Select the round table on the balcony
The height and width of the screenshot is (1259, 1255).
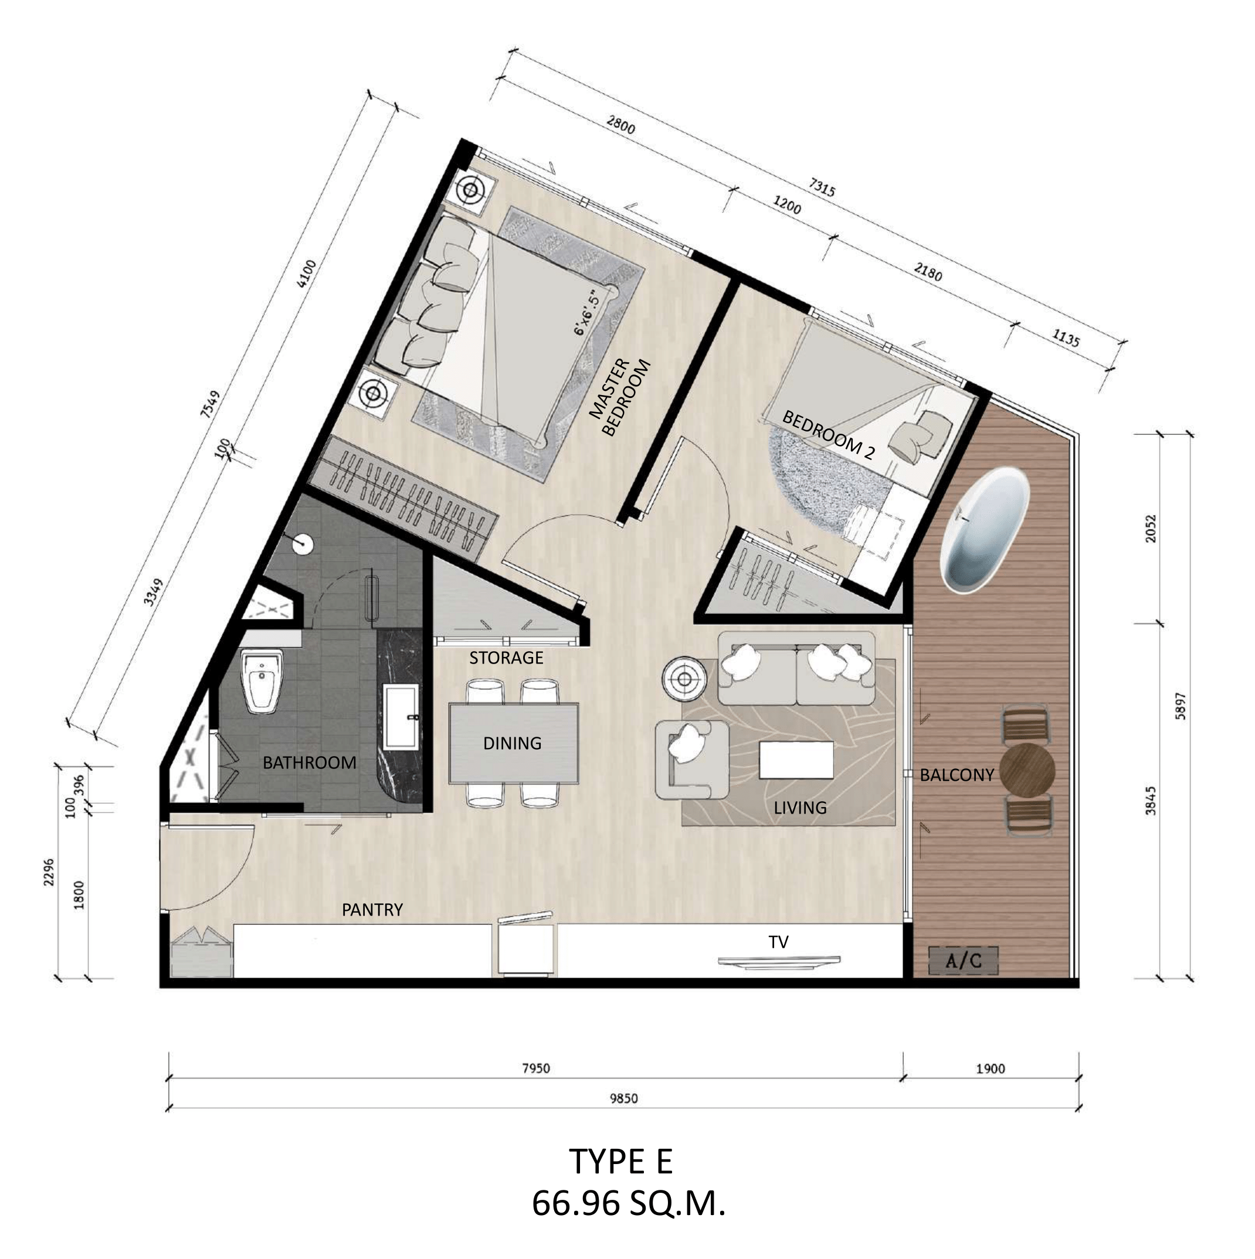coord(1027,768)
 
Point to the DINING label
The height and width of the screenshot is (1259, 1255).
coord(513,743)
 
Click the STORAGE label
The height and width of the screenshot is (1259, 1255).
coord(506,658)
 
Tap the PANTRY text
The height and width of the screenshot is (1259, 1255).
coord(372,910)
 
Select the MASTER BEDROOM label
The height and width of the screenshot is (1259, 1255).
coord(619,397)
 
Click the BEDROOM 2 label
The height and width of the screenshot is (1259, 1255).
coord(828,435)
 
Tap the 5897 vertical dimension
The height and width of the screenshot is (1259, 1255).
coord(1179,705)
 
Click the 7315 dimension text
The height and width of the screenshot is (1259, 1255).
coord(822,187)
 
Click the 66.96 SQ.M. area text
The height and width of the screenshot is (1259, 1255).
coord(628,1203)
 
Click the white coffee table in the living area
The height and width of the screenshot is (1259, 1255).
coord(796,761)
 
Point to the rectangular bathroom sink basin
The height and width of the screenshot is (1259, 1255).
coord(401,717)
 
